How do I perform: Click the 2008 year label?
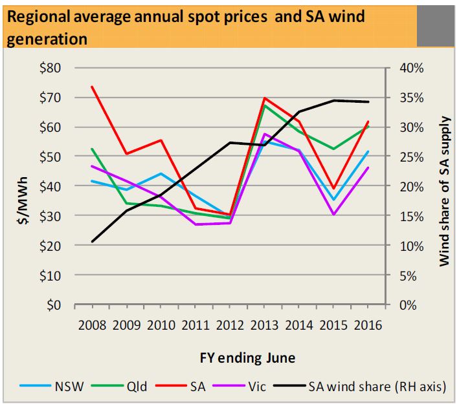point(91,323)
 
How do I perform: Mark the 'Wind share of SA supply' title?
point(444,191)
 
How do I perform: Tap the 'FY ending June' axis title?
point(230,357)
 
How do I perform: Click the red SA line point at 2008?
point(92,87)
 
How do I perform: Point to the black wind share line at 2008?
point(92,242)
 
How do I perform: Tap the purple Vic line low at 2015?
point(333,214)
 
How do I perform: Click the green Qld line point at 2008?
point(92,149)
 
